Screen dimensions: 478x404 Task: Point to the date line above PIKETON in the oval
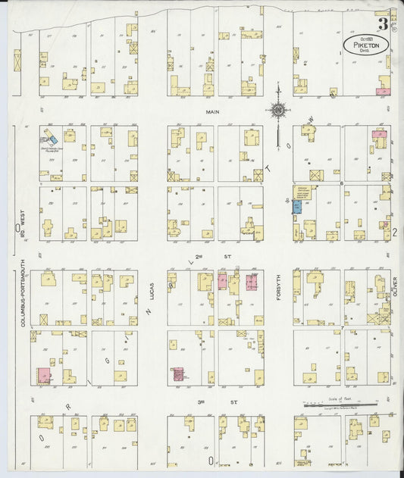coord(365,39)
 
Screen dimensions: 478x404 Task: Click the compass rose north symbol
coord(277,111)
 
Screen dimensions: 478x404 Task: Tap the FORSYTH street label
coord(278,286)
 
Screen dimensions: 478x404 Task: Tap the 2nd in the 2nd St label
coord(200,257)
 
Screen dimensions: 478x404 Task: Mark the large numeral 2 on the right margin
coord(395,233)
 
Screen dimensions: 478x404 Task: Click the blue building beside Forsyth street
coord(297,206)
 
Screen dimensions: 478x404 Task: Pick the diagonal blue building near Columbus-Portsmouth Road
coord(52,139)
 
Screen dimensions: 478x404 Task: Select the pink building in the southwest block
coord(44,374)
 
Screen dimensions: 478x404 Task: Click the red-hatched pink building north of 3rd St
coord(179,373)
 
